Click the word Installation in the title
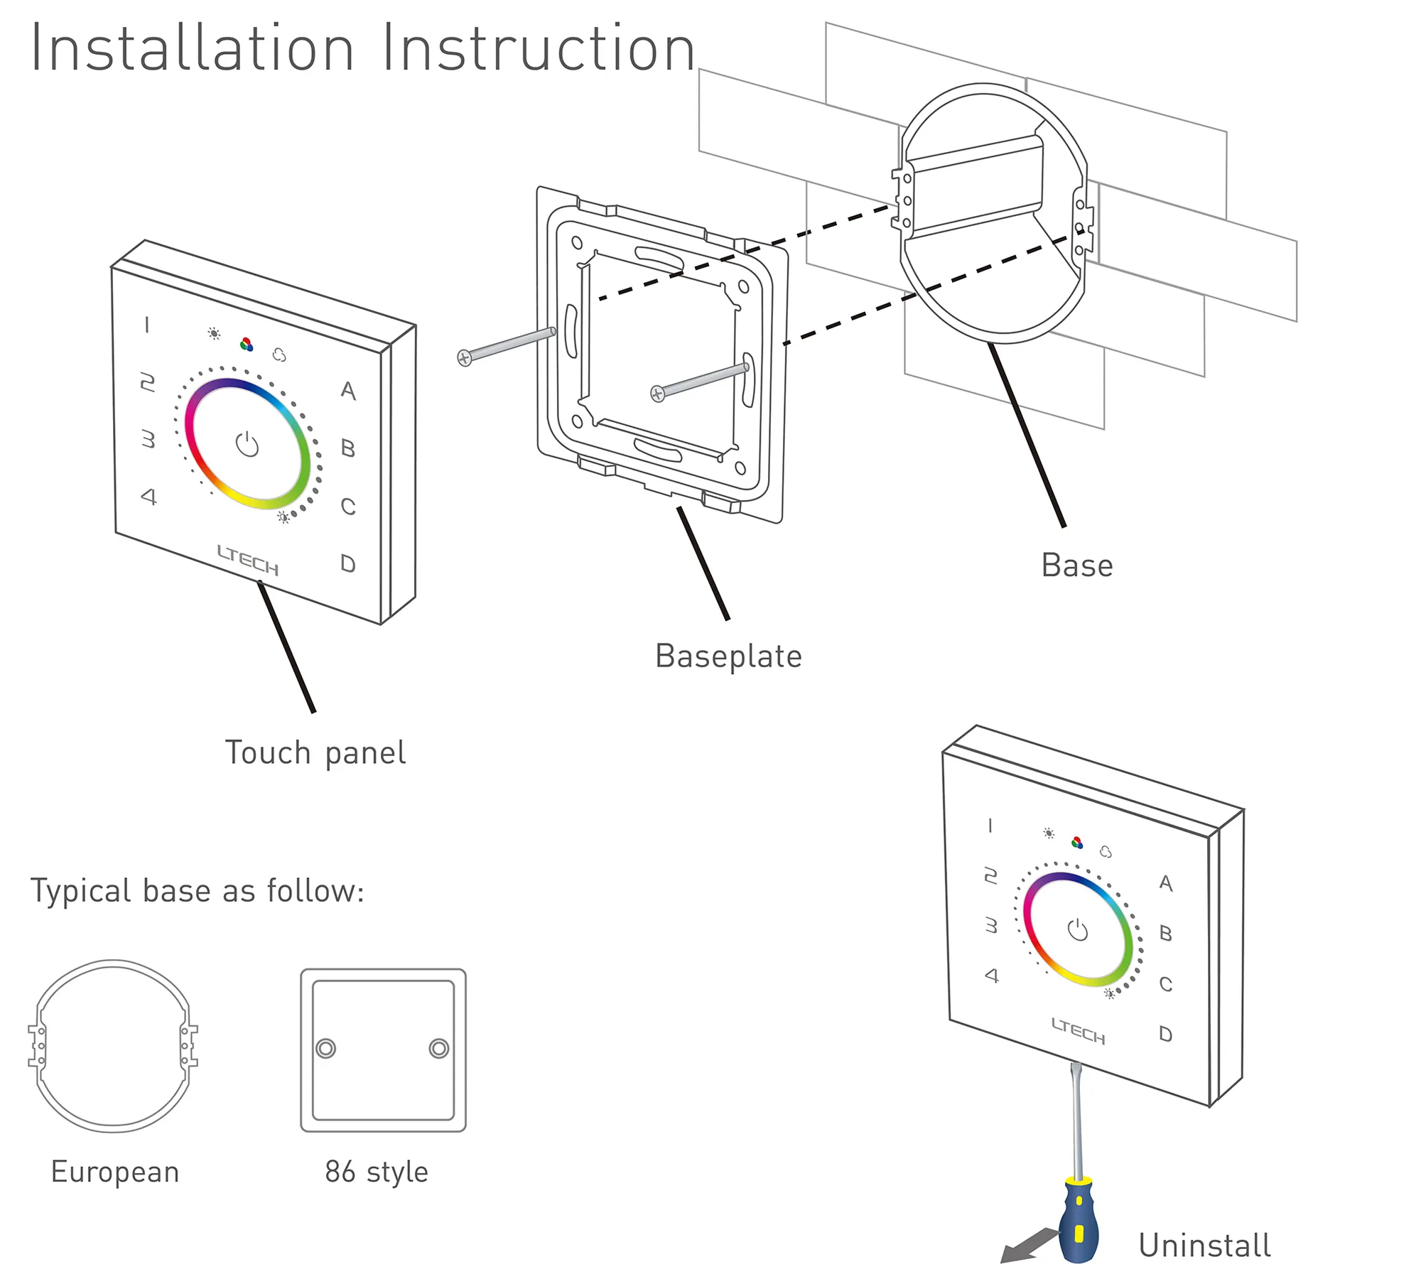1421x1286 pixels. coord(192,48)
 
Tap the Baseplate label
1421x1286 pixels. coord(728,656)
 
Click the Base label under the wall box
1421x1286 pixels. coord(1076,566)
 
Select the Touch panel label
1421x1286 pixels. coord(315,753)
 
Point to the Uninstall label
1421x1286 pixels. coord(1204,1246)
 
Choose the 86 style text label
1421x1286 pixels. coord(377,1172)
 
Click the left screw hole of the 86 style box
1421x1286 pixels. coord(325,1048)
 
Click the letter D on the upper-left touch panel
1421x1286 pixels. coord(347,563)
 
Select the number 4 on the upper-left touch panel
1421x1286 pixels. coord(148,496)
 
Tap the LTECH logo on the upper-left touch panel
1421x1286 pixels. coord(247,561)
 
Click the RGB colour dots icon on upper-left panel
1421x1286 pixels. coord(247,345)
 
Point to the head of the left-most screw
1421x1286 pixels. coord(464,358)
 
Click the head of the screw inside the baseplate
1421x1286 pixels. coord(658,394)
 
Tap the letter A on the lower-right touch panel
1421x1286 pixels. coord(1165,882)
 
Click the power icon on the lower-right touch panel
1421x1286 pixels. coord(1078,929)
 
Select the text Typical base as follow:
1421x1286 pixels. coord(198,891)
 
